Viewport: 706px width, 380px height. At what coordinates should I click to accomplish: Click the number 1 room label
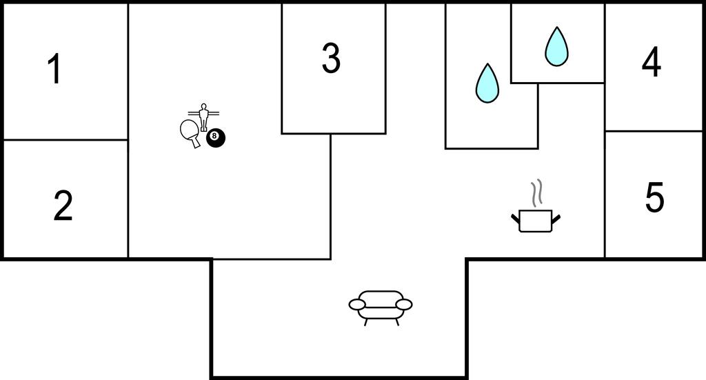(x=54, y=70)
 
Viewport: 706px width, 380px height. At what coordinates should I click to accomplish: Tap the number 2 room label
(x=63, y=206)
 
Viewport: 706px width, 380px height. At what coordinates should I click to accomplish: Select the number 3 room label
(x=331, y=59)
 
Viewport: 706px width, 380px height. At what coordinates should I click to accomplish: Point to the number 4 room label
(x=651, y=63)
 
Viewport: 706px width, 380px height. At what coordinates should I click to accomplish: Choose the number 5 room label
(x=654, y=198)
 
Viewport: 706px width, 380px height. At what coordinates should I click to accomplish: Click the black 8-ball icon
(x=215, y=137)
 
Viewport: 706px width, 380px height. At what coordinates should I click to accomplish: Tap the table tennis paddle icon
(x=189, y=132)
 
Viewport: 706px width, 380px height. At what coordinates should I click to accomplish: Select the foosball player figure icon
(x=203, y=117)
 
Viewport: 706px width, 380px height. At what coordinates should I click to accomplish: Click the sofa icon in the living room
(x=381, y=306)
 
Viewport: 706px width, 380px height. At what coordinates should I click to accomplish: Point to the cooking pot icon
(x=536, y=220)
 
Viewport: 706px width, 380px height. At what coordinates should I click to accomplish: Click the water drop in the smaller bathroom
(x=556, y=46)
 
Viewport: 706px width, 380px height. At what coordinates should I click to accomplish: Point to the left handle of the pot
(x=515, y=219)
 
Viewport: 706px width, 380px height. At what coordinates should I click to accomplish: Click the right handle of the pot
(x=556, y=219)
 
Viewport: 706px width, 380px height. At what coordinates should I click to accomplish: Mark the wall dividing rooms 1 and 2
(x=65, y=140)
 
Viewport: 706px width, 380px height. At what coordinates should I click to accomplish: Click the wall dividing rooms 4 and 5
(x=654, y=131)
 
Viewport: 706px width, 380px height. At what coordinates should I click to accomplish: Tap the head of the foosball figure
(x=203, y=106)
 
